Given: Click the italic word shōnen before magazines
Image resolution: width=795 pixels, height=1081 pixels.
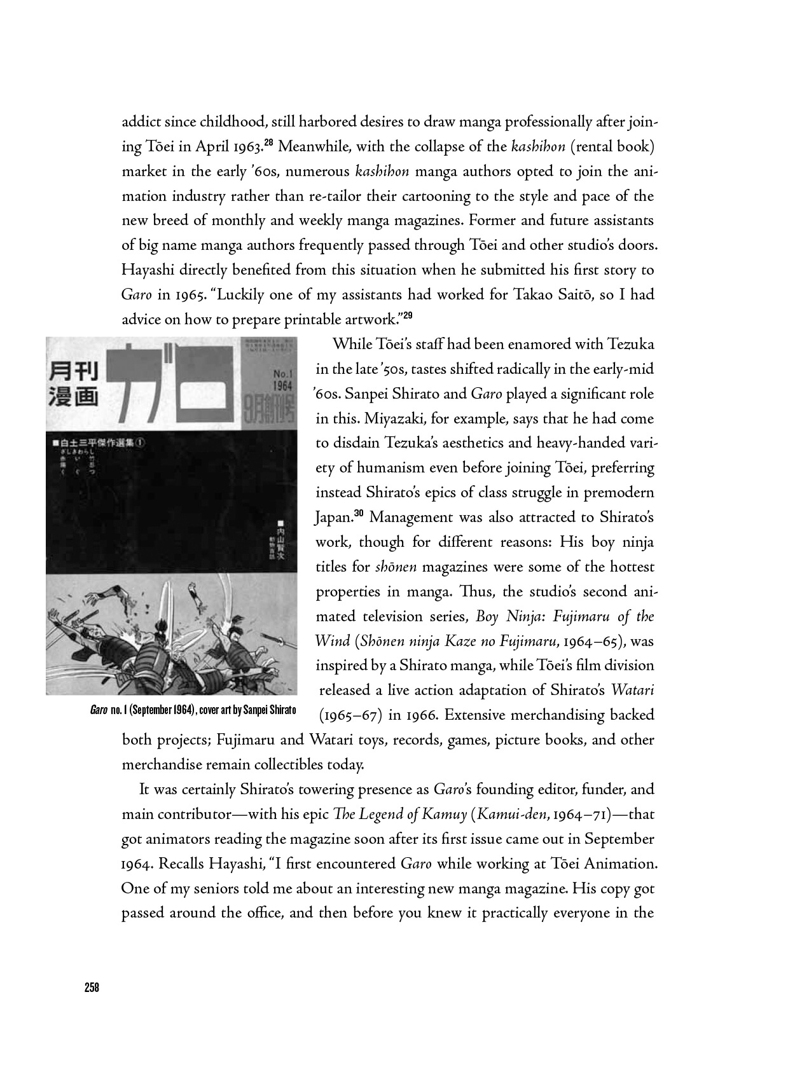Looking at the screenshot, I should pyautogui.click(x=396, y=567).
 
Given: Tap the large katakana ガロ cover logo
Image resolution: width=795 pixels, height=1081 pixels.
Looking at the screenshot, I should pyautogui.click(x=169, y=385).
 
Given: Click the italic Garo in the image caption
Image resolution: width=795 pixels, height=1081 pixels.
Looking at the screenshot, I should pyautogui.click(x=98, y=710).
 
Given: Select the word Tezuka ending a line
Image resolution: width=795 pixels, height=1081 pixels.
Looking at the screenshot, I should pyautogui.click(x=631, y=345).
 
